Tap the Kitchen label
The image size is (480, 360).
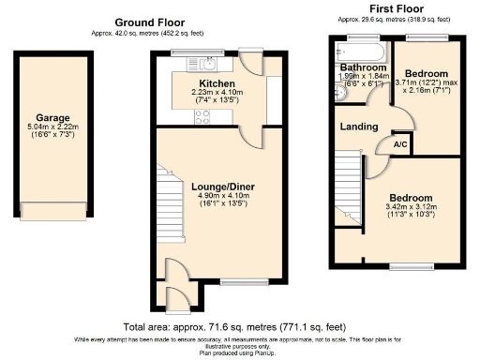click(x=217, y=82)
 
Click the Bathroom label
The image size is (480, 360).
click(x=363, y=68)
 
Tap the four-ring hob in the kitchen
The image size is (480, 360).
click(x=202, y=116)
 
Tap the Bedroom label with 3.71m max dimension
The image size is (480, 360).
click(x=427, y=73)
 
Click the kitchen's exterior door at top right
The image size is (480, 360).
click(x=250, y=62)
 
